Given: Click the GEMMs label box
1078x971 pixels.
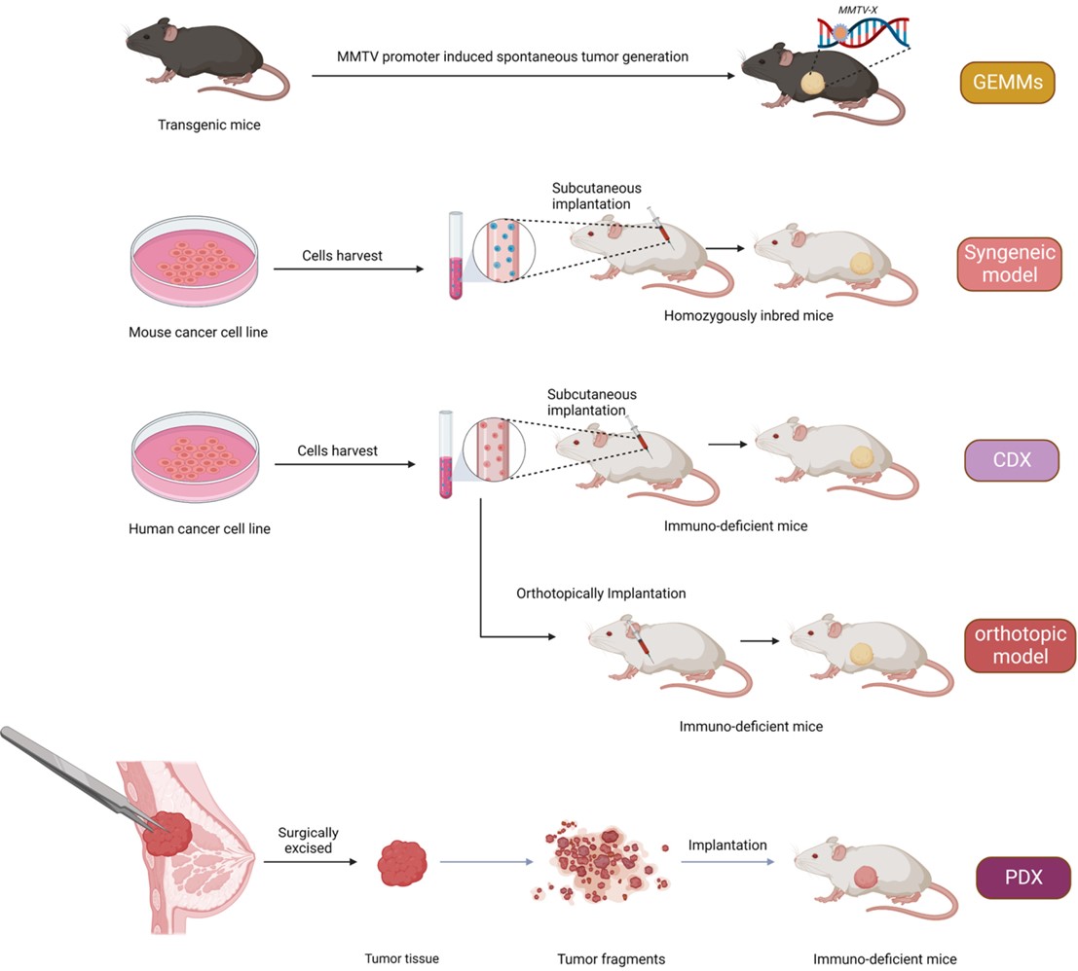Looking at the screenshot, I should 1007,83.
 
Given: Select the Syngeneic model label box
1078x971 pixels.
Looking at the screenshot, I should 1008,263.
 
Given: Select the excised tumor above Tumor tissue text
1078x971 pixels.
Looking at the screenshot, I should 402,862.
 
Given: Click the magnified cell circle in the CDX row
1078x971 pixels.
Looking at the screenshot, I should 494,450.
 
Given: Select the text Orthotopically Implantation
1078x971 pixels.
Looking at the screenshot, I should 602,593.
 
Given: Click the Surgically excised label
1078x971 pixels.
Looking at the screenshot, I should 308,841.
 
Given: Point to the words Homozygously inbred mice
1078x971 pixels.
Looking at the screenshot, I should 748,316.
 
